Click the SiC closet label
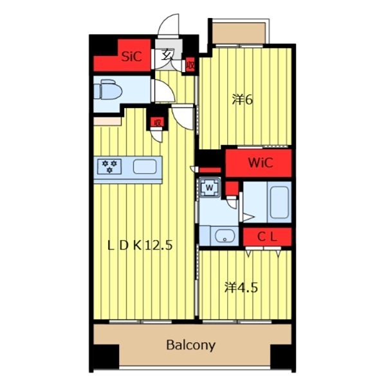coord(132,57)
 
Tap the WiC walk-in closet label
coord(261,163)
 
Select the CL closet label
coord(267,237)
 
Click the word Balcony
coord(191,345)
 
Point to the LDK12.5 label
coord(140,246)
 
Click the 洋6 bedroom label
coord(243,100)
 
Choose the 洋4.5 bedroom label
coord(241,288)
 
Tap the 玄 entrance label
coord(167,55)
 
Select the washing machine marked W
coord(209,188)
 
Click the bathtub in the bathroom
coord(279,202)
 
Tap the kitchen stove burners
coord(109,167)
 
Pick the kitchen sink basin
coord(145,167)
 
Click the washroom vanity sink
coord(225,236)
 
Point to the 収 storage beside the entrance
coord(190,65)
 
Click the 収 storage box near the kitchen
coord(158,122)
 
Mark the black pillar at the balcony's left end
coord(106,356)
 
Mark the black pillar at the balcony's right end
coord(281,356)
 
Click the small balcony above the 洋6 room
coord(239,33)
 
